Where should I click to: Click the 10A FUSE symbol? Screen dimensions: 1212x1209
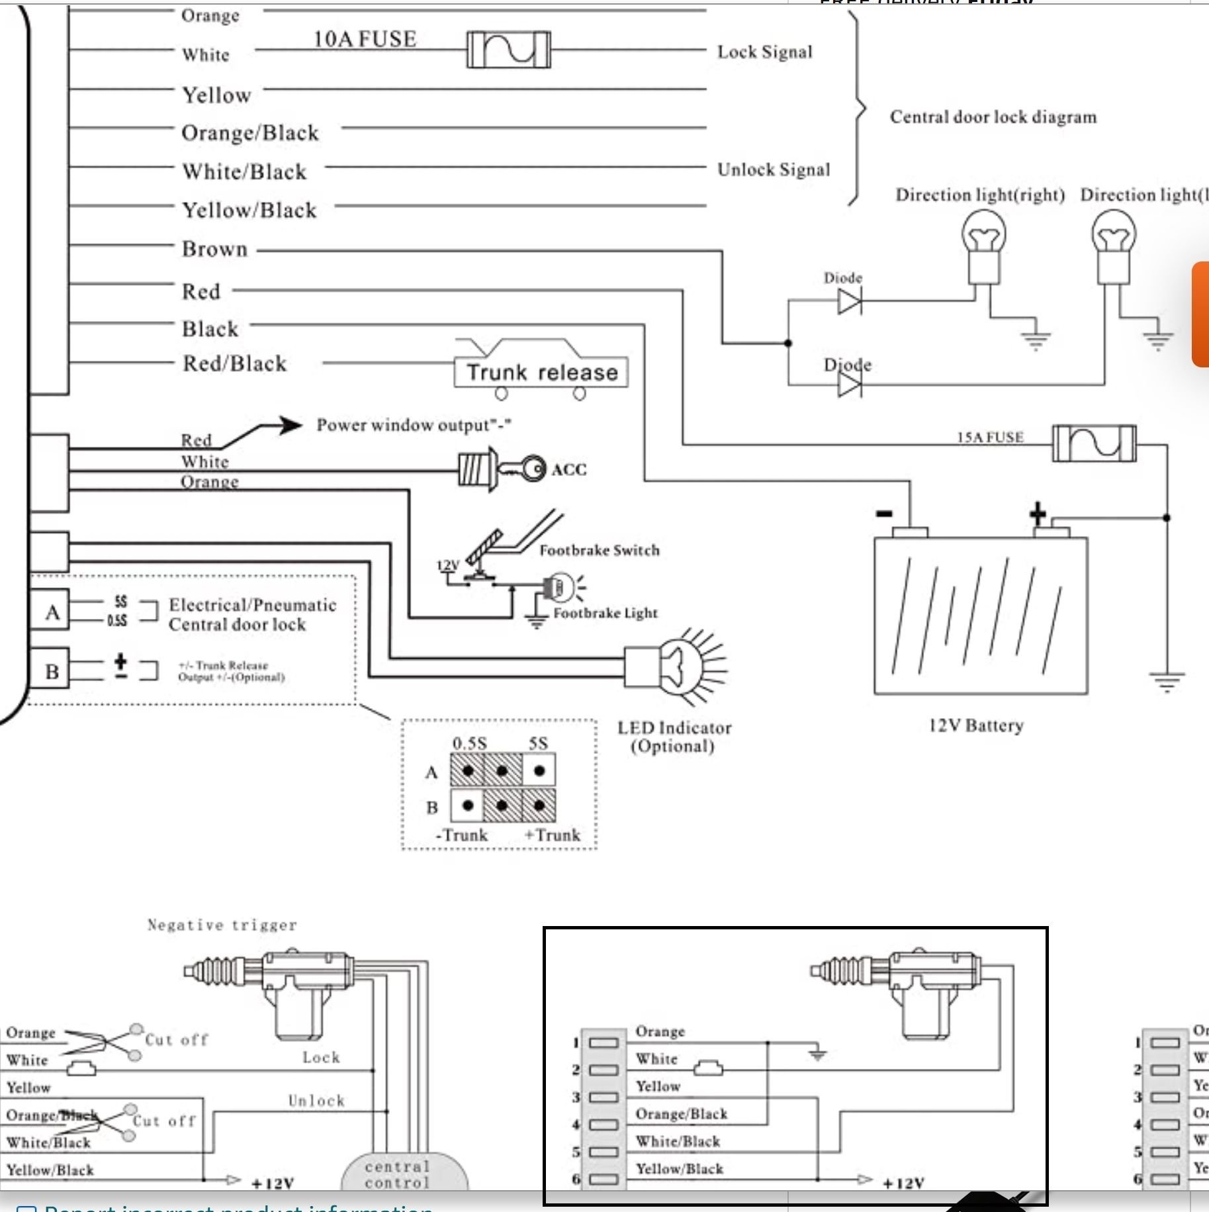(x=508, y=50)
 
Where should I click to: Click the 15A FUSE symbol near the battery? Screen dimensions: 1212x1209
(x=1094, y=443)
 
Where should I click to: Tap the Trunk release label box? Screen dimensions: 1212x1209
(x=541, y=373)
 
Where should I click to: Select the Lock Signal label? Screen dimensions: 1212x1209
(x=764, y=52)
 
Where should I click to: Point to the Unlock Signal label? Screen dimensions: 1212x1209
(x=773, y=170)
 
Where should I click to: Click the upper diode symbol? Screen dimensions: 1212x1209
(x=850, y=303)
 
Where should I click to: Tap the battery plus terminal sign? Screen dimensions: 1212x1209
(x=1037, y=513)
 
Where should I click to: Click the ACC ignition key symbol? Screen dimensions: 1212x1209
(x=503, y=469)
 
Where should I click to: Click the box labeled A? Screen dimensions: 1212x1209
(x=51, y=612)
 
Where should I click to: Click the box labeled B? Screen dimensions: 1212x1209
(x=51, y=671)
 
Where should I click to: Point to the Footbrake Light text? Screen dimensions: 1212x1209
(x=605, y=613)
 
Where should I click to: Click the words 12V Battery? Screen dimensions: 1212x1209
(x=976, y=725)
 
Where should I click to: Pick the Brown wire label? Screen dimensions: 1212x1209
(x=214, y=250)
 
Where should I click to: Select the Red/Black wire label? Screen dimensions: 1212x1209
(x=234, y=363)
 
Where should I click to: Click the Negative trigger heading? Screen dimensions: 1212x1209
(x=222, y=925)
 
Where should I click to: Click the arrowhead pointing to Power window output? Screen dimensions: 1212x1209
(x=289, y=425)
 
